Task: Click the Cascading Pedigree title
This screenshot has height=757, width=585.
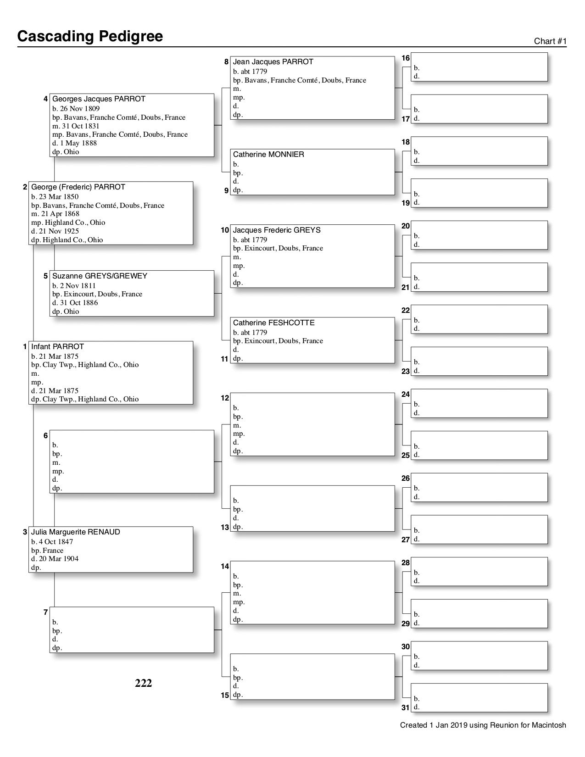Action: pos(90,36)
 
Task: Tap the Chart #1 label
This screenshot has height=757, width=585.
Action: pos(550,41)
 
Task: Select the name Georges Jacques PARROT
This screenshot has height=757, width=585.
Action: pos(99,99)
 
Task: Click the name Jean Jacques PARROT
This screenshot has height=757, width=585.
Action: pos(273,61)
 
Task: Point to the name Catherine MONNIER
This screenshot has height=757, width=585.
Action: pos(268,155)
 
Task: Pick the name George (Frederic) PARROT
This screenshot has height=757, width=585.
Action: pos(78,187)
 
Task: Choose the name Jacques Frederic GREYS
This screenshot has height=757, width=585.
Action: pos(276,230)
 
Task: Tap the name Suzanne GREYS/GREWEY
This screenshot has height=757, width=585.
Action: pos(100,276)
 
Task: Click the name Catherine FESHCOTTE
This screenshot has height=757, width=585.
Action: pos(273,323)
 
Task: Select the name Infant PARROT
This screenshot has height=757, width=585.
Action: pos(57,346)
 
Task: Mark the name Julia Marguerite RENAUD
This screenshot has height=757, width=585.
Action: pos(75,532)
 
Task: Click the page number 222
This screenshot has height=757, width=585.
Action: pos(143,683)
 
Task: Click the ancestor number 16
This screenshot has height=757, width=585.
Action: pos(406,58)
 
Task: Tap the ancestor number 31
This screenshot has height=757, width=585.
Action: pos(406,707)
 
